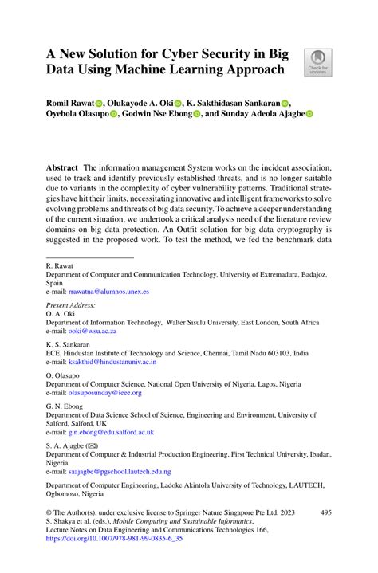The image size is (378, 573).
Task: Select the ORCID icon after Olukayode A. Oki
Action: click(x=179, y=103)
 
